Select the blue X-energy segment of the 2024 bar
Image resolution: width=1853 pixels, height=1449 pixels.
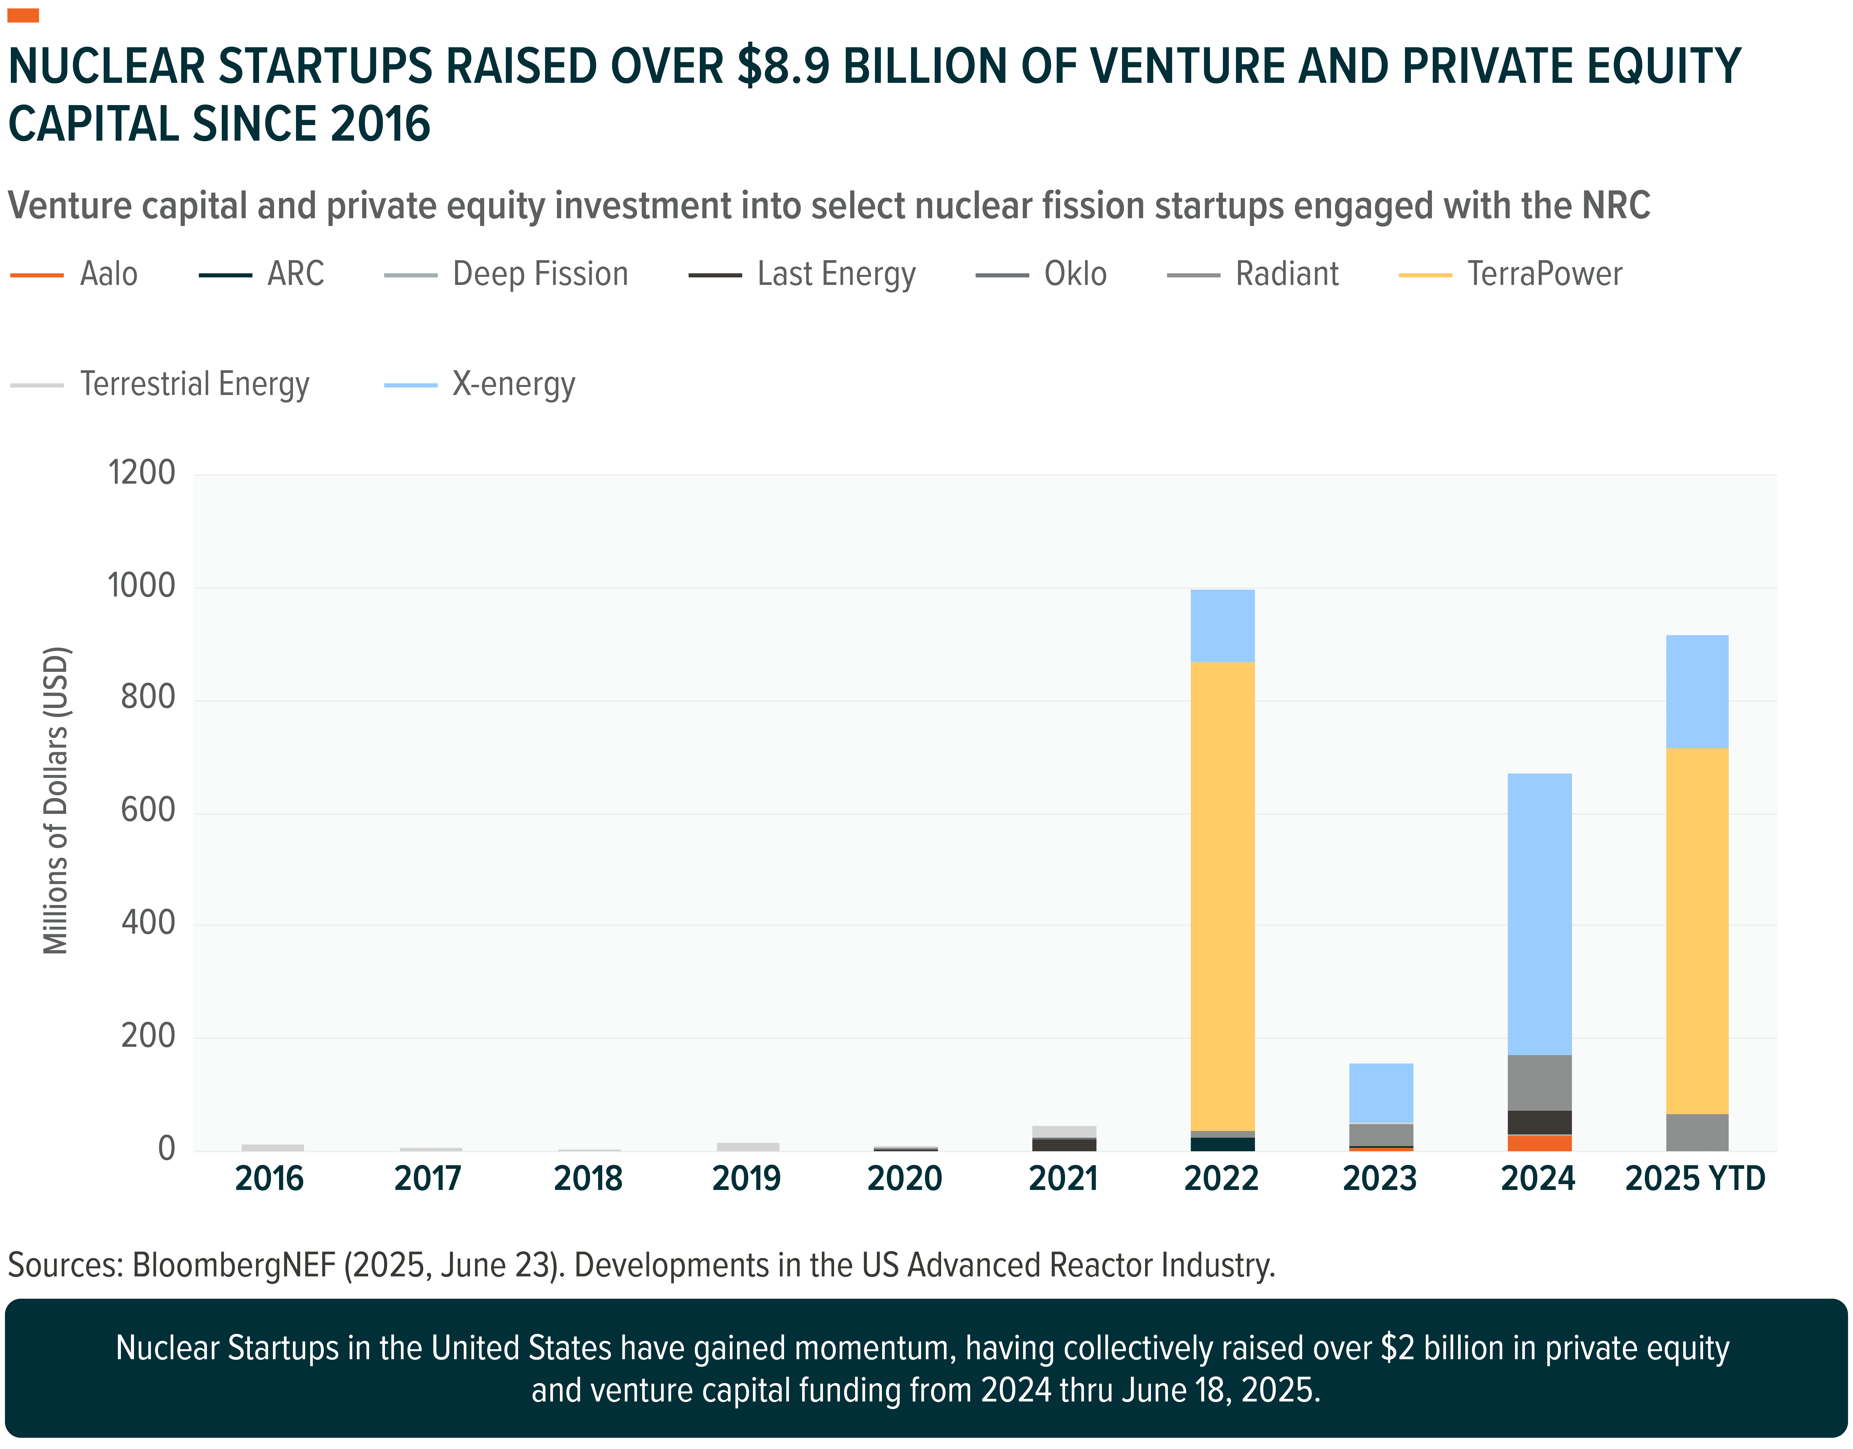1539,914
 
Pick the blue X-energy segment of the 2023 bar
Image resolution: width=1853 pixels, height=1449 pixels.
1381,1093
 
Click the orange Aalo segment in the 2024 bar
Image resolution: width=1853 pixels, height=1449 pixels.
1539,1143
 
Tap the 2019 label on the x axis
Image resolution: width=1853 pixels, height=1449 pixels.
746,1178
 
